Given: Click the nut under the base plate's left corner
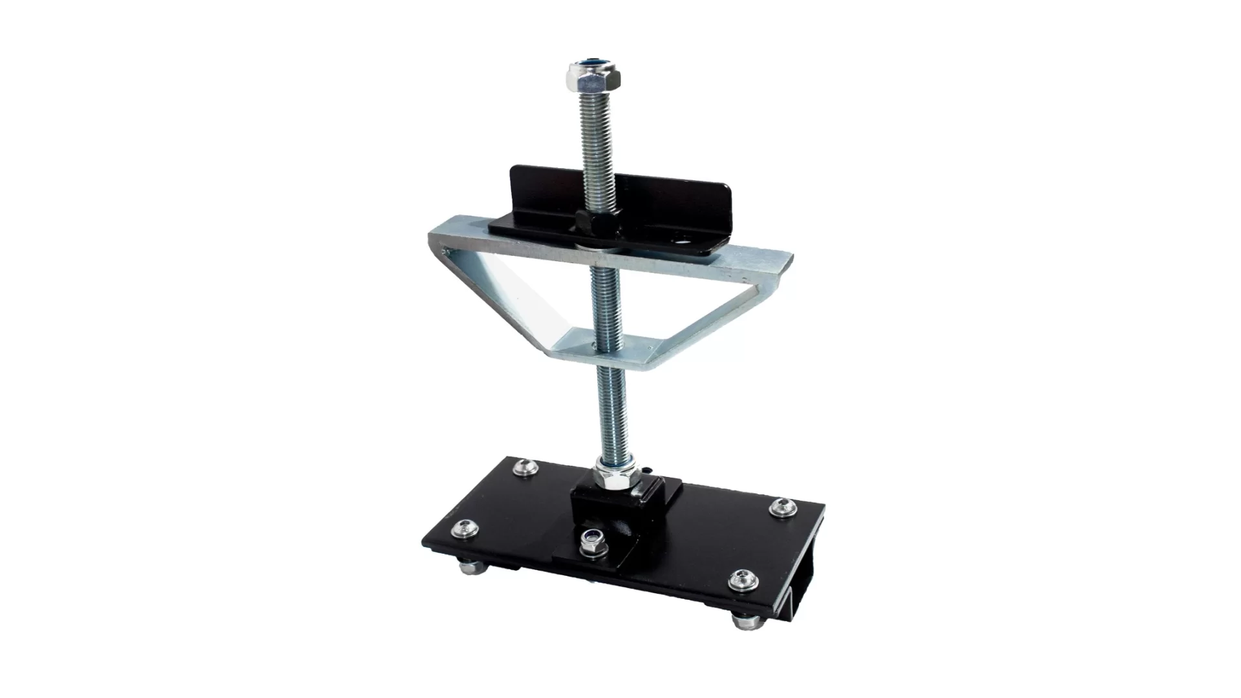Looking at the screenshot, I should tap(467, 568).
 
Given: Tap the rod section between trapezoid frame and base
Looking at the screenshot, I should tap(611, 414).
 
